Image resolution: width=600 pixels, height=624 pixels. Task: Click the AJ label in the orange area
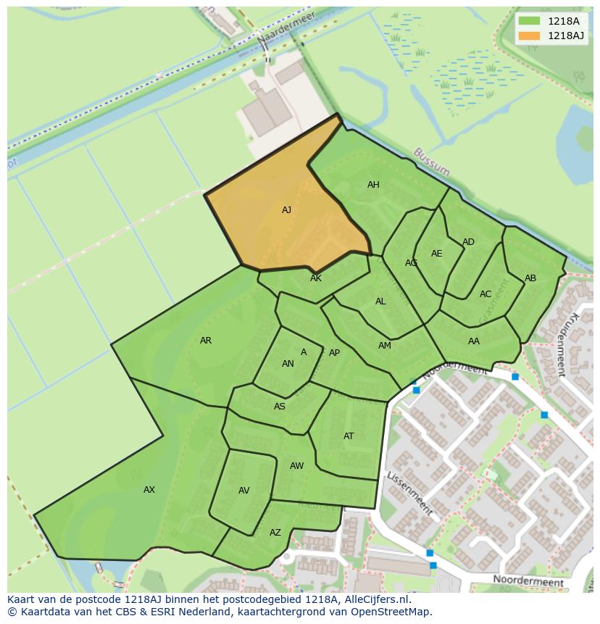286,210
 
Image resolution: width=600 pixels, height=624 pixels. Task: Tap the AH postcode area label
373,185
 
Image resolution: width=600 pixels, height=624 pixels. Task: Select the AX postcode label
149,490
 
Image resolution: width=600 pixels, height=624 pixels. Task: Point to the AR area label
206,341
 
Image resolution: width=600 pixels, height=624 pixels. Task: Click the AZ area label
275,533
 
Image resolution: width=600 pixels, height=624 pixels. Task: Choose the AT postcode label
349,436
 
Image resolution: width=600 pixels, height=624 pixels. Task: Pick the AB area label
530,278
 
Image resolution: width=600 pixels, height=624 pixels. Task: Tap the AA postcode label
474,341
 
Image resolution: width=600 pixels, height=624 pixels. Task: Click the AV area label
244,491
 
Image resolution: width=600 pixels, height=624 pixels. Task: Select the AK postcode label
316,278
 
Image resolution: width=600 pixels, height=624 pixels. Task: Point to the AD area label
468,242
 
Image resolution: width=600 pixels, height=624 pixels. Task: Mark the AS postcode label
280,407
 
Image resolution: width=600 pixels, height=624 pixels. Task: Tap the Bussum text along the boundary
432,162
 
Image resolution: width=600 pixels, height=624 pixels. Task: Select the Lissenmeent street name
410,494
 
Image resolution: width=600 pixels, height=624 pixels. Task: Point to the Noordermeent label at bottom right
528,581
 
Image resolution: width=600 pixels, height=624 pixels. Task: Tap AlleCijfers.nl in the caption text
375,599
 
